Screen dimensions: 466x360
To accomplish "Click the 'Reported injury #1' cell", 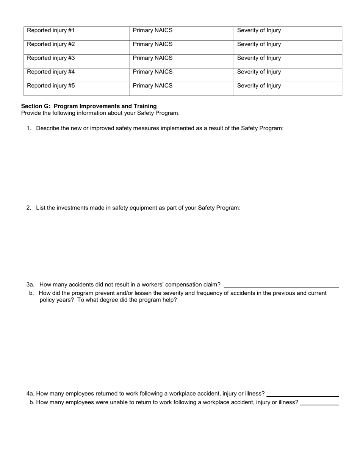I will tap(51, 31).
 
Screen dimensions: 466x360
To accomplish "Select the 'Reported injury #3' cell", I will tap(51, 58).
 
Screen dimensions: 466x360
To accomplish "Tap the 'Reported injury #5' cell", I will tap(51, 86).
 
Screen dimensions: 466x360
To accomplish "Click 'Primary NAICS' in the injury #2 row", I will tap(152, 44).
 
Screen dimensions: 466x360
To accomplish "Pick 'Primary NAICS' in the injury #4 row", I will tap(152, 72).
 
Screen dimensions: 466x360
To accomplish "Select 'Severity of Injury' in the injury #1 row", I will tap(259, 31).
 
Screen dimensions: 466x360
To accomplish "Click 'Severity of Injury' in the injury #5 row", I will tap(259, 86).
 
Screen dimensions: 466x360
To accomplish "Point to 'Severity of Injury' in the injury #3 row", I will tap(259, 58).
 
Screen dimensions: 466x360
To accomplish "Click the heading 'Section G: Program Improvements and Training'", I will tap(89, 106).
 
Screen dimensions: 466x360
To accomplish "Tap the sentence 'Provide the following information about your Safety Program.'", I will tap(100, 113).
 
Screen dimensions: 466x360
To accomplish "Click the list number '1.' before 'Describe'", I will tap(29, 128).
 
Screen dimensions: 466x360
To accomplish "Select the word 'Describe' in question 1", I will tap(47, 128).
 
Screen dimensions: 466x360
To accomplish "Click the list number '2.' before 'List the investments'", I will tap(29, 208).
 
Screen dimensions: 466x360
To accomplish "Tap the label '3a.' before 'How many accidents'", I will tap(30, 285).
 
